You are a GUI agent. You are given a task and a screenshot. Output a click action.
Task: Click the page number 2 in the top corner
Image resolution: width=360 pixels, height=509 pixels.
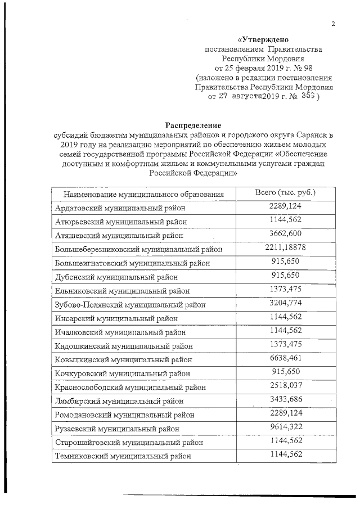coord(333,24)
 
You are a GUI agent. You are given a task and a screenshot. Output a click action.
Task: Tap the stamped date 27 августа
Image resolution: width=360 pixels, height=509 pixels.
coord(242,97)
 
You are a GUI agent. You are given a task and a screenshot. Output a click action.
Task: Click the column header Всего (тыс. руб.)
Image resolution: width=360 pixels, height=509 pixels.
coord(285,193)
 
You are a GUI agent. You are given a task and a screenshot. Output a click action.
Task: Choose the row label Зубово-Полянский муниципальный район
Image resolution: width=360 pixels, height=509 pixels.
coord(130,304)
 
